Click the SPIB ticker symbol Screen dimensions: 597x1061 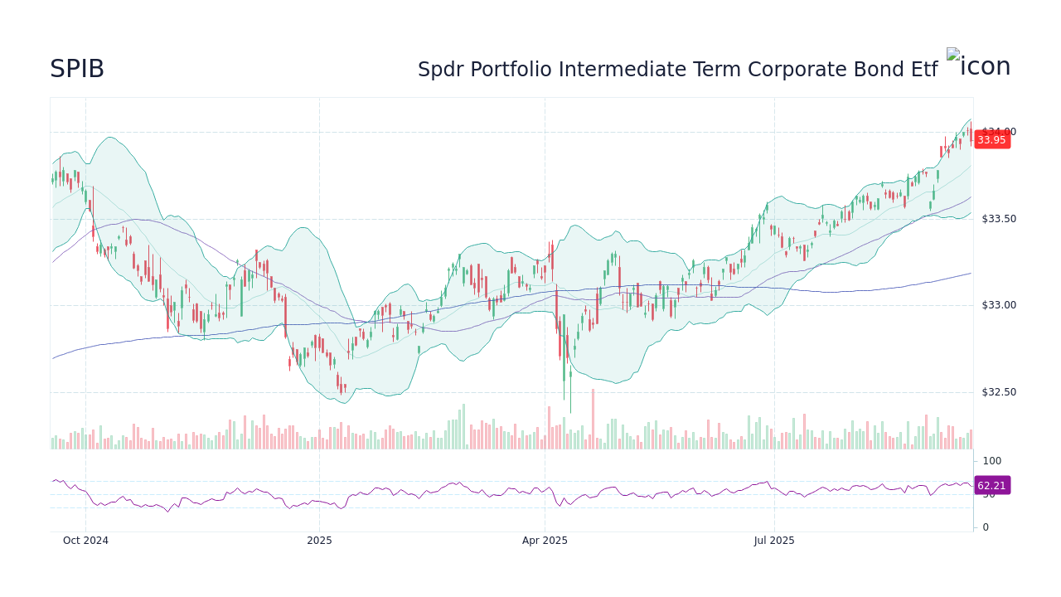click(77, 70)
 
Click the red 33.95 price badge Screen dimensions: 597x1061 click(991, 140)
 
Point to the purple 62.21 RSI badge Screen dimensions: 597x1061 click(991, 486)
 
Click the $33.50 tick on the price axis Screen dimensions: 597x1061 click(998, 219)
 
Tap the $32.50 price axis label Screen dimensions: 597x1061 click(998, 392)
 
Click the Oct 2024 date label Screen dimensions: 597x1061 click(85, 541)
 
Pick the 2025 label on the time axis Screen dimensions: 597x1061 click(319, 541)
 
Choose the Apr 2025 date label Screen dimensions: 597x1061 click(545, 541)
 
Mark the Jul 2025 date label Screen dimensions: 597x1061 click(774, 541)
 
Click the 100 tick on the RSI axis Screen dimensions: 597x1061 click(992, 461)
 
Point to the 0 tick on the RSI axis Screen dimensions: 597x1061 click(986, 527)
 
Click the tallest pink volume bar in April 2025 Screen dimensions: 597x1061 click(593, 419)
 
